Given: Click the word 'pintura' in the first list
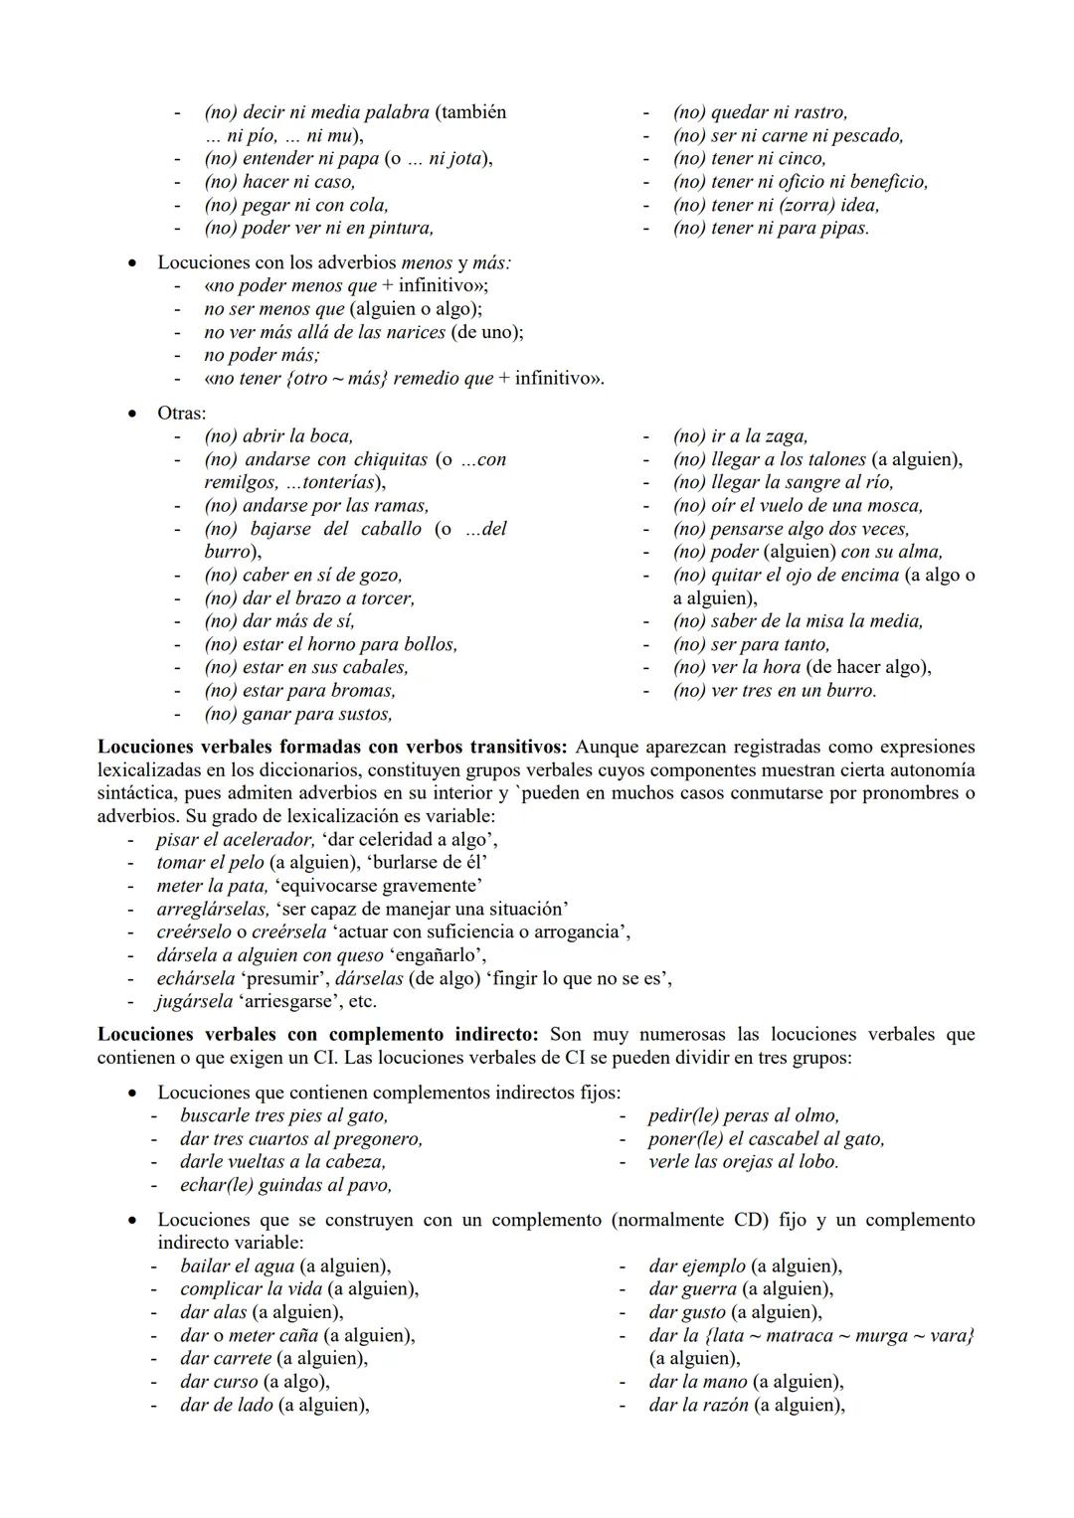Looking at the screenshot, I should click(x=401, y=228).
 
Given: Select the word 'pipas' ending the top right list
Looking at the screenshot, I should click(x=846, y=228).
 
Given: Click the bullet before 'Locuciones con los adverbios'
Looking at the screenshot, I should click(x=131, y=263).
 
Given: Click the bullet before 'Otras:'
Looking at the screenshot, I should click(x=131, y=413).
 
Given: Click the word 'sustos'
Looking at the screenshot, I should click(x=364, y=714).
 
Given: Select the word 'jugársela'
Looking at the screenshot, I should click(x=194, y=1001).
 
